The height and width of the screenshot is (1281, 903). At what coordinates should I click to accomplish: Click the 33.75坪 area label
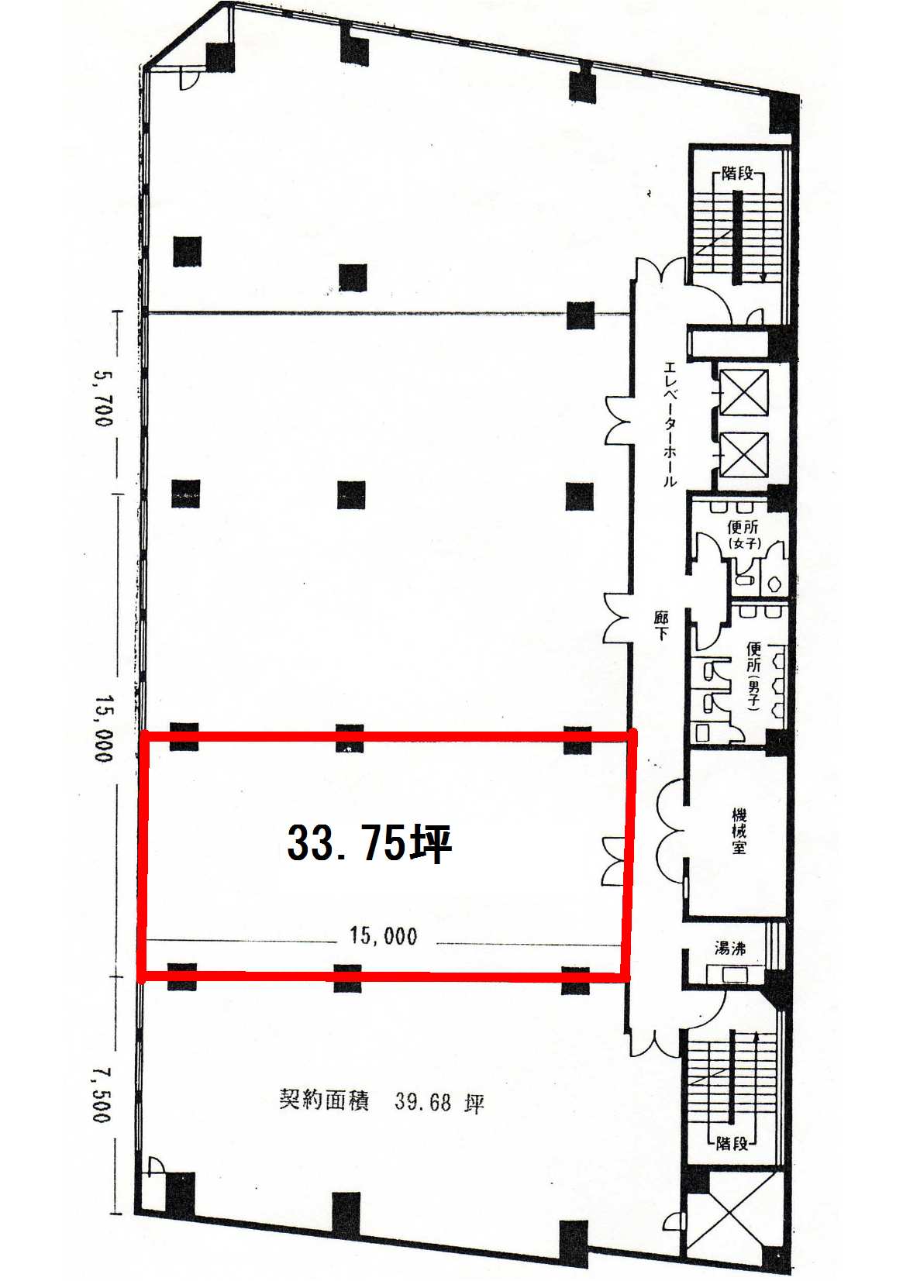click(370, 843)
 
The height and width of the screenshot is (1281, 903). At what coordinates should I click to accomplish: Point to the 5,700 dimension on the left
click(103, 398)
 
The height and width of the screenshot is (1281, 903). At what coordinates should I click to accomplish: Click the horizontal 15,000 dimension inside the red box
click(384, 935)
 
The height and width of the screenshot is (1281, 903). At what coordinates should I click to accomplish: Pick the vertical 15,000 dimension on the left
click(104, 728)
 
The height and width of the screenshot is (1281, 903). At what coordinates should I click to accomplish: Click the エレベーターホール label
click(670, 424)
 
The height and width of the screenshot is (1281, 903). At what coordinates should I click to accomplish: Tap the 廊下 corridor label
click(661, 625)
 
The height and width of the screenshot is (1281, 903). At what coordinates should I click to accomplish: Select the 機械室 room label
click(739, 831)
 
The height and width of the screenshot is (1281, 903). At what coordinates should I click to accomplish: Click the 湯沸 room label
click(730, 949)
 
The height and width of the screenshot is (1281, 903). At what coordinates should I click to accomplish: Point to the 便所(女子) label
click(743, 534)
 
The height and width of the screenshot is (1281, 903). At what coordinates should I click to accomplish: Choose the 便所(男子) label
click(753, 676)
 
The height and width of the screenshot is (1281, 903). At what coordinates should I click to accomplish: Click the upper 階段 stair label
click(737, 174)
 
